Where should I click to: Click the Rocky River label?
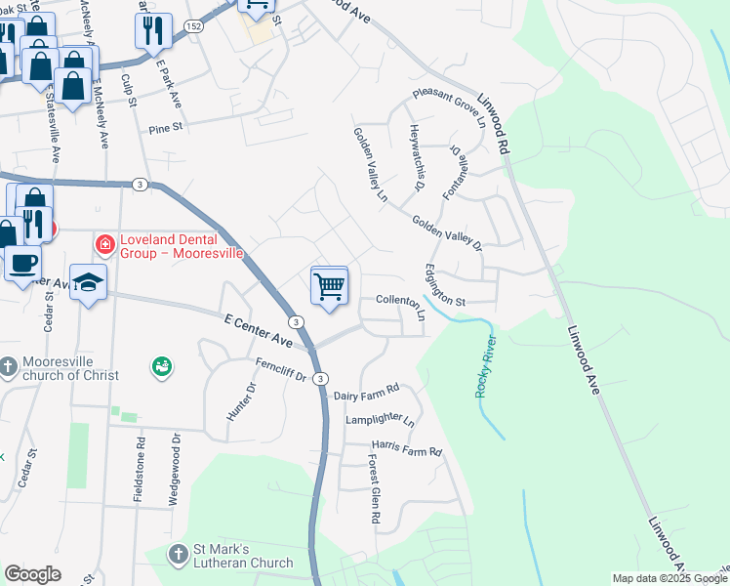485,366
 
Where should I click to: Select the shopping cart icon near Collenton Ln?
330,286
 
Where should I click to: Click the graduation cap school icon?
88,284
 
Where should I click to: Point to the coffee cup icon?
23,262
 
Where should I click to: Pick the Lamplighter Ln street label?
380,420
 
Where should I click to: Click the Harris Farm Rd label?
406,452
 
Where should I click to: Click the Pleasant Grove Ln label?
449,106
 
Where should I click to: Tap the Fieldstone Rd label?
141,470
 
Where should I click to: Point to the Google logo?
32,574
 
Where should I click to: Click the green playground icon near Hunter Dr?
162,367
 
